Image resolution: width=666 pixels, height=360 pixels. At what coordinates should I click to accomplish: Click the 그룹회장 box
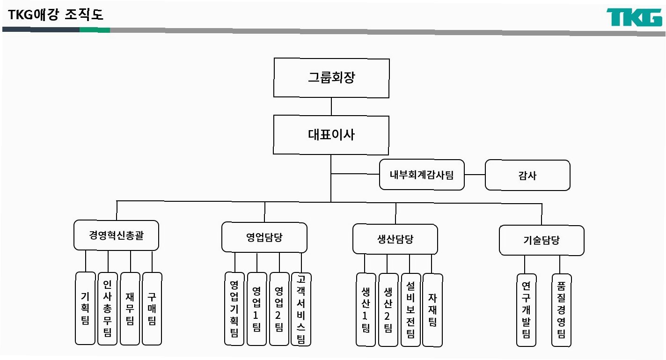coord(331,78)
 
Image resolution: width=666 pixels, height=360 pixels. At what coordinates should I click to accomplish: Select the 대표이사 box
coord(331,135)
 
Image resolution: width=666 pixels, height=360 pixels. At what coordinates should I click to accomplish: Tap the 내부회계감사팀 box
coord(422,175)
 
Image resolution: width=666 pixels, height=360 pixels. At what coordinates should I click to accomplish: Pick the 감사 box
coord(527,176)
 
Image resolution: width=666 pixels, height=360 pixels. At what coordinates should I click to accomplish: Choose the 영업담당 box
coord(264,237)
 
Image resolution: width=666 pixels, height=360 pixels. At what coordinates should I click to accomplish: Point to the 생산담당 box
coord(395,239)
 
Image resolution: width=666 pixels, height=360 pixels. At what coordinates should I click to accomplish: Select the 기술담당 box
coord(542,241)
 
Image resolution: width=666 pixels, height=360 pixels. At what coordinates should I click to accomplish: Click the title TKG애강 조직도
coord(56,15)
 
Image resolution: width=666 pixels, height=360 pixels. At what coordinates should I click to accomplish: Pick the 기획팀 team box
coord(85,308)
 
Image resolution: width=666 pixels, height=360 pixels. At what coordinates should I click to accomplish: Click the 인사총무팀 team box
coord(108,308)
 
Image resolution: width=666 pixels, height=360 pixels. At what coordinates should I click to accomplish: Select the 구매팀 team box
coord(152,308)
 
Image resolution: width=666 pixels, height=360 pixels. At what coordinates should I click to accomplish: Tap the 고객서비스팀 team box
coord(301,309)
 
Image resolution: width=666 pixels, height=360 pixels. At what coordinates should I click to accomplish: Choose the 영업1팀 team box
coord(256,309)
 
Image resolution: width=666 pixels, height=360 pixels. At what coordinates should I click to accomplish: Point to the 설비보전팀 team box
coord(410,310)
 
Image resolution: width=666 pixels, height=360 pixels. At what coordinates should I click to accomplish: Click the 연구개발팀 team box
coord(527,310)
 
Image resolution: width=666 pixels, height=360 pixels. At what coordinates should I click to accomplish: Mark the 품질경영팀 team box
coord(561,310)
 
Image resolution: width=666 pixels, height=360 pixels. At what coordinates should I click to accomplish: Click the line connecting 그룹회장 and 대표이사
coord(331,107)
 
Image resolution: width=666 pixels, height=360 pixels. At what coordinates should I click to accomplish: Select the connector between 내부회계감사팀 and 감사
coord(475,175)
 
